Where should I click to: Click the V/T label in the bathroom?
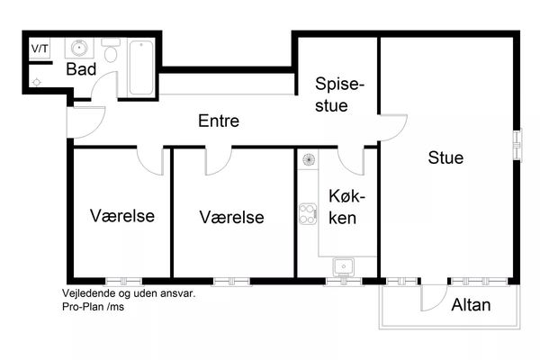(40, 49)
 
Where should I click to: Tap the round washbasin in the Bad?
(79, 48)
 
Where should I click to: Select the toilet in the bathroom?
(111, 50)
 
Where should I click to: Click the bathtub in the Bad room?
(141, 67)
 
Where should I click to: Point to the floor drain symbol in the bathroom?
(37, 82)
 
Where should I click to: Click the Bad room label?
(81, 69)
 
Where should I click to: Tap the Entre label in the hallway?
(219, 121)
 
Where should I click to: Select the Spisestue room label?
(339, 94)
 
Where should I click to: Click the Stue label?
(445, 157)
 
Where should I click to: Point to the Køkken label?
(346, 207)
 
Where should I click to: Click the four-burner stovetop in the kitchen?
(308, 214)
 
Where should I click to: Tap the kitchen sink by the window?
(344, 267)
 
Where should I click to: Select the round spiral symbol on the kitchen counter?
(309, 159)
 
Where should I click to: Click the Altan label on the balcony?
(471, 305)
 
